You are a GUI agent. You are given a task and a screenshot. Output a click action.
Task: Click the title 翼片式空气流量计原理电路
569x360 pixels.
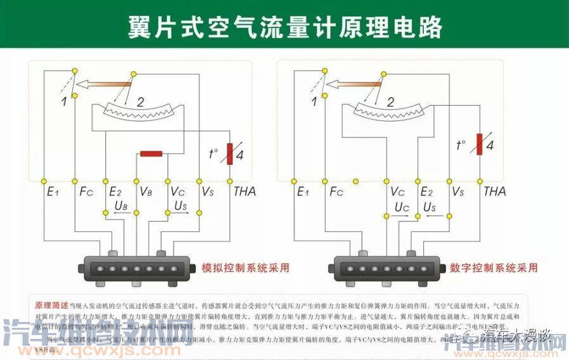(x=284, y=27)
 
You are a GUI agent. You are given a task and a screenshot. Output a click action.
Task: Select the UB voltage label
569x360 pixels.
(x=122, y=207)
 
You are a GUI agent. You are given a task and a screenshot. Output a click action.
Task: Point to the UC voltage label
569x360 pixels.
(x=402, y=207)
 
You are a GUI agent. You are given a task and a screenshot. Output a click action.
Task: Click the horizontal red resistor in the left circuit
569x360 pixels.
(x=151, y=153)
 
